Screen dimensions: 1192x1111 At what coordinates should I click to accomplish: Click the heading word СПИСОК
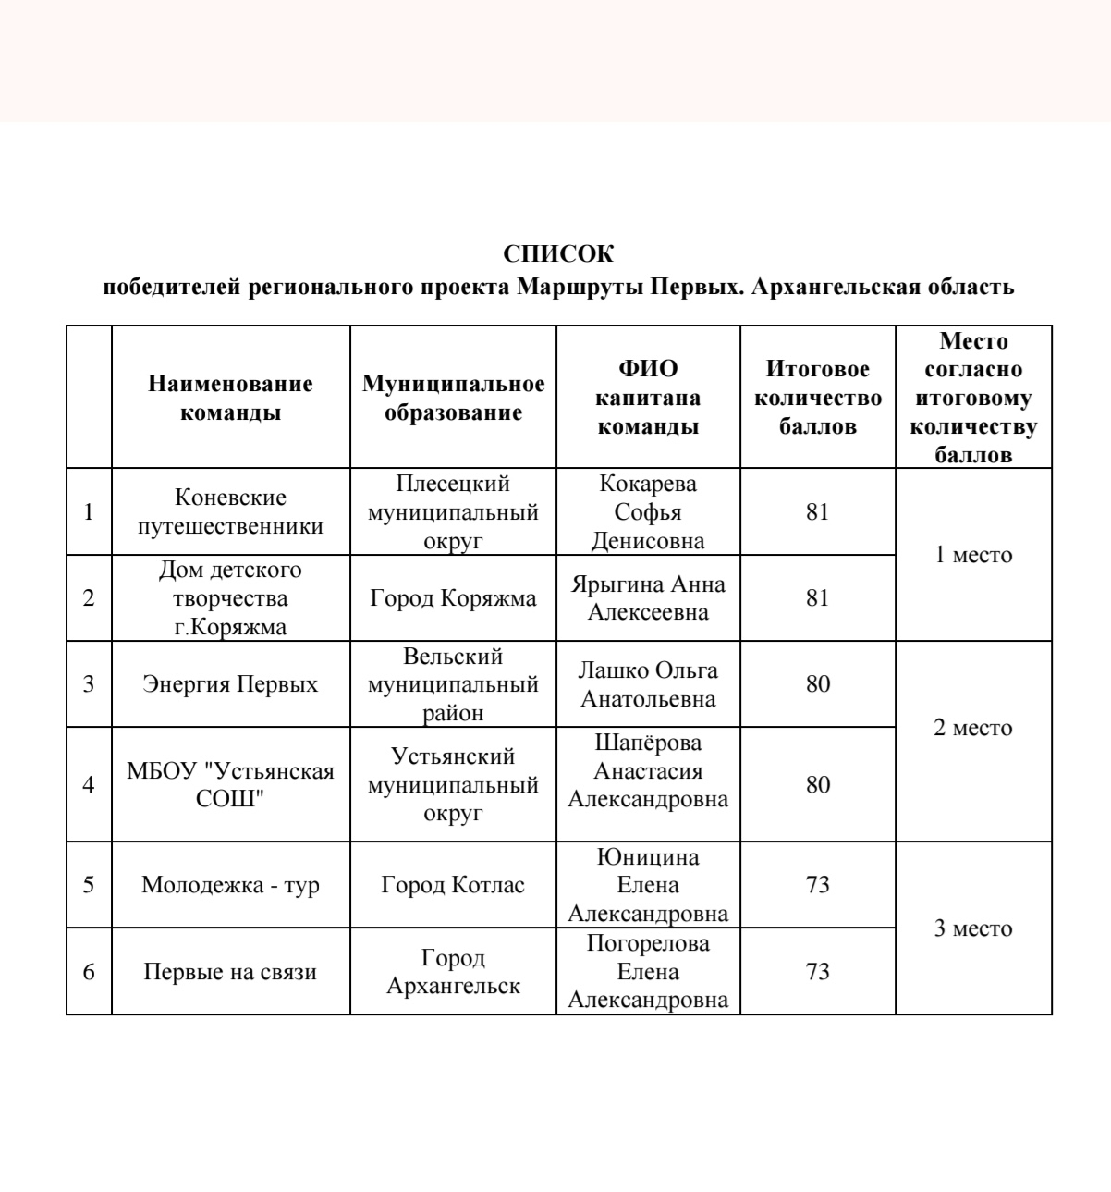[557, 253]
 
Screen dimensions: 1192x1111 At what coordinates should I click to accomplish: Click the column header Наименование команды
[230, 398]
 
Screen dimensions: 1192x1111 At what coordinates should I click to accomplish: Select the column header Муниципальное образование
[453, 398]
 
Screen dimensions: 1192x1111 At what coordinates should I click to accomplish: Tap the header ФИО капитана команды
[648, 398]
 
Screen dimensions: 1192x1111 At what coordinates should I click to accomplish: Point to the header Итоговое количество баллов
[817, 398]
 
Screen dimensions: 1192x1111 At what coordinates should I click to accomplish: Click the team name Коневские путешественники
[230, 511]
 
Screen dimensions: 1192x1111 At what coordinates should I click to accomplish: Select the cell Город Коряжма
[453, 598]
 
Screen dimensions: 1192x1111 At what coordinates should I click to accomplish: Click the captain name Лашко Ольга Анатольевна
[648, 684]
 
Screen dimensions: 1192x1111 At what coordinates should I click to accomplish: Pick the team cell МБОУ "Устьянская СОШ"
[230, 784]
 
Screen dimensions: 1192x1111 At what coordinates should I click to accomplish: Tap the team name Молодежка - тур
[230, 885]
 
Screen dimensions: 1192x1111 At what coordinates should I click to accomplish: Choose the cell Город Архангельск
[453, 971]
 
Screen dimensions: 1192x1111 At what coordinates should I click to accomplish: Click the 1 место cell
[973, 555]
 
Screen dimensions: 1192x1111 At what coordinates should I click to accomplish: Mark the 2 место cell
[973, 728]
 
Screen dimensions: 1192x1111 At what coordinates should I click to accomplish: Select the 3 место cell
[973, 928]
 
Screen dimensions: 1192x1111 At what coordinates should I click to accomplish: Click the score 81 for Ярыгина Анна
[817, 598]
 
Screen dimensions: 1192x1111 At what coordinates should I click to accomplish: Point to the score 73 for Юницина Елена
[817, 885]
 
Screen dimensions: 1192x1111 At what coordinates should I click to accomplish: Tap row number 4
[89, 784]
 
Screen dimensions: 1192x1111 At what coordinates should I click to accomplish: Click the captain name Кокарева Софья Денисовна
[648, 511]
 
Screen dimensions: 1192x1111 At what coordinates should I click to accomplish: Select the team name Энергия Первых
[230, 684]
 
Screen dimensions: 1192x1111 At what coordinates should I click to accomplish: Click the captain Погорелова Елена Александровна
[648, 971]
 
